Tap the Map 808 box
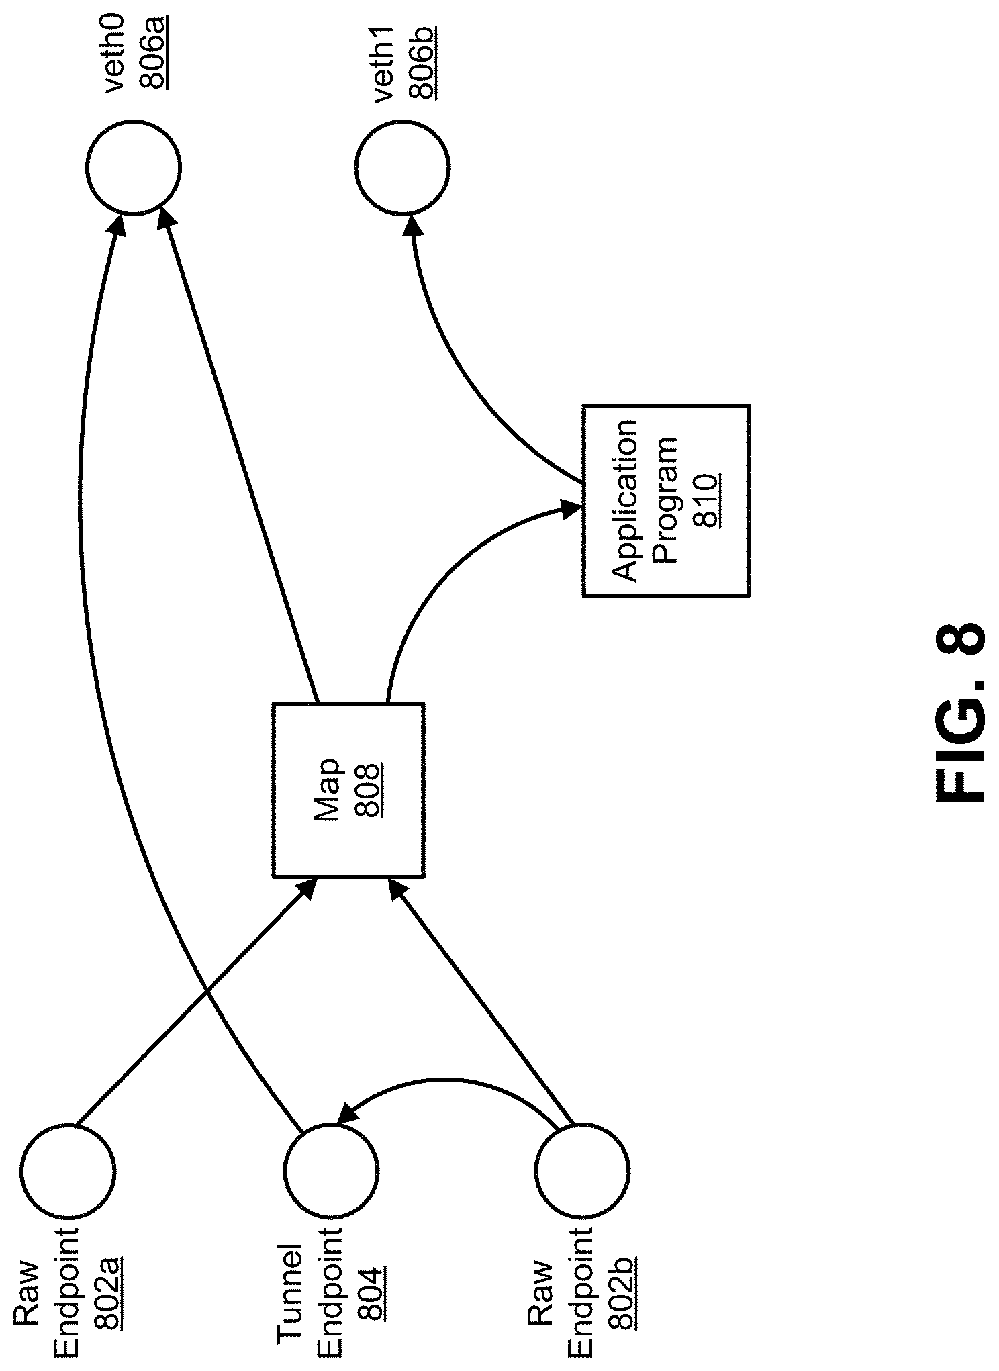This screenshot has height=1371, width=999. pyautogui.click(x=348, y=790)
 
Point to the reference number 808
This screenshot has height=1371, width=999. pyautogui.click(x=371, y=789)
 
